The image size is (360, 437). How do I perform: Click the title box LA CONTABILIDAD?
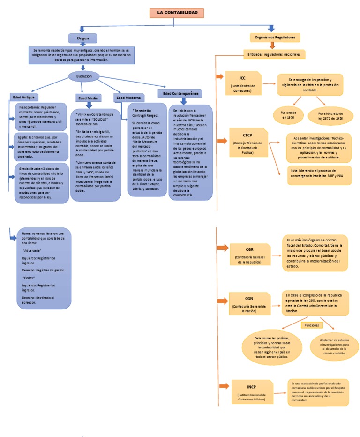[x=180, y=13]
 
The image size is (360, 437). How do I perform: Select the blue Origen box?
[x=82, y=38]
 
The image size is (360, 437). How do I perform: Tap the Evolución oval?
[x=84, y=76]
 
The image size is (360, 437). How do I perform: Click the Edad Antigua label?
[x=24, y=97]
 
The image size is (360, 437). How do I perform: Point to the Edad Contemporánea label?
[x=180, y=93]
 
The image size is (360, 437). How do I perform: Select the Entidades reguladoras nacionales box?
[x=274, y=55]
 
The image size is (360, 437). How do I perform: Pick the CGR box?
[x=249, y=254]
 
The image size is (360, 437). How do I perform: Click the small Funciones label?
[x=311, y=325]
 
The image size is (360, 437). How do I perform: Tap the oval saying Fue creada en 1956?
[x=288, y=115]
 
